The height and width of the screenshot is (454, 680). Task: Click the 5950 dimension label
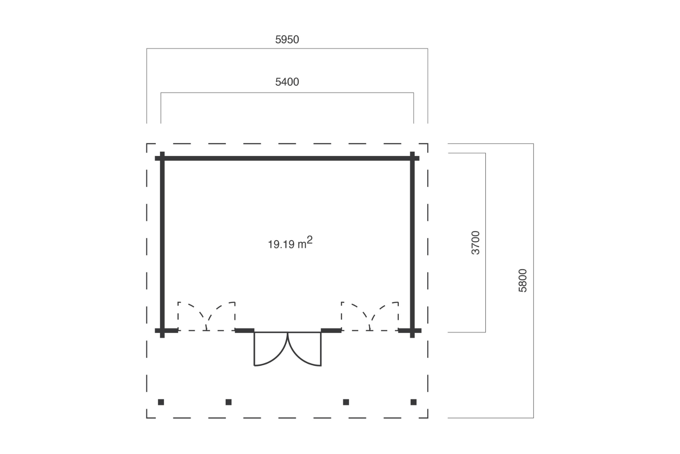[287, 40]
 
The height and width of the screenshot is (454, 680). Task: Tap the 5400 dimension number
[287, 82]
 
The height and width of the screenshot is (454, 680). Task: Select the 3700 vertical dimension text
[476, 243]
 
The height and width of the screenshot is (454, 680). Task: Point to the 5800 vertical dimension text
[523, 281]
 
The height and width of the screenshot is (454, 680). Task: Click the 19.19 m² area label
[290, 243]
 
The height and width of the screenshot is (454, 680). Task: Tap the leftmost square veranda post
[161, 402]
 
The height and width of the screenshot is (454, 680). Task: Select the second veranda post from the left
[229, 402]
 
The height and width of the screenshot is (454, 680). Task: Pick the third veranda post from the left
[346, 402]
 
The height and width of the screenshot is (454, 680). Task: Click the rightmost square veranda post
[413, 402]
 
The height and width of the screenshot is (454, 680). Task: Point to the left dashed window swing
[207, 316]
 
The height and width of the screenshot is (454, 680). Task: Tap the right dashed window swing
[370, 316]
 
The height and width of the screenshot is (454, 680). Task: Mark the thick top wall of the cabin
[287, 158]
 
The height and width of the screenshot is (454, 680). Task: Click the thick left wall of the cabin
[162, 245]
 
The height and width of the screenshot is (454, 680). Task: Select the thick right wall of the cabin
[412, 245]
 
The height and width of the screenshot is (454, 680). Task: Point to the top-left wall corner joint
[162, 158]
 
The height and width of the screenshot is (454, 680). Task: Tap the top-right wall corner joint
[412, 158]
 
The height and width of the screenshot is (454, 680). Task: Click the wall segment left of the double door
[244, 330]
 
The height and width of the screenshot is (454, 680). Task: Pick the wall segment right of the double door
[331, 330]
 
